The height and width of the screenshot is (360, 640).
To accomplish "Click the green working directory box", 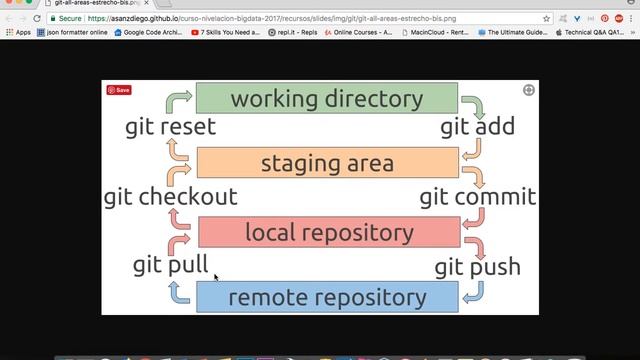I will (x=326, y=98).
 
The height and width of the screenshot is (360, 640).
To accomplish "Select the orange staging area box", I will (x=327, y=163).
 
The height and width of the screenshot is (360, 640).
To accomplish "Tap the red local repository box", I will (x=329, y=232).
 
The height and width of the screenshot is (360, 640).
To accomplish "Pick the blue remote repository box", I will (x=327, y=297).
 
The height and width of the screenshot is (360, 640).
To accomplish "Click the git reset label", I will (x=171, y=127).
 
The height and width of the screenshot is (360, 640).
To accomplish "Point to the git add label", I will (x=476, y=127).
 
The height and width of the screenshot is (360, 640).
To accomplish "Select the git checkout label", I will (x=171, y=197).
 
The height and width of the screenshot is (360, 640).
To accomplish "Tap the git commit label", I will (x=478, y=197).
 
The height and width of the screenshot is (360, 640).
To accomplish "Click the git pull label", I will (x=171, y=265).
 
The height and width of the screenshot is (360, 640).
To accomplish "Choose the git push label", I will (x=477, y=267).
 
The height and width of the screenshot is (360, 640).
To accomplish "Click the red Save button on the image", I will (x=119, y=90).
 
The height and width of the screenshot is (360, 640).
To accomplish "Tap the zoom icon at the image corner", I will (x=528, y=90).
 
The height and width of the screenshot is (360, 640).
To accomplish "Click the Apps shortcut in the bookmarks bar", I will (x=18, y=32).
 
